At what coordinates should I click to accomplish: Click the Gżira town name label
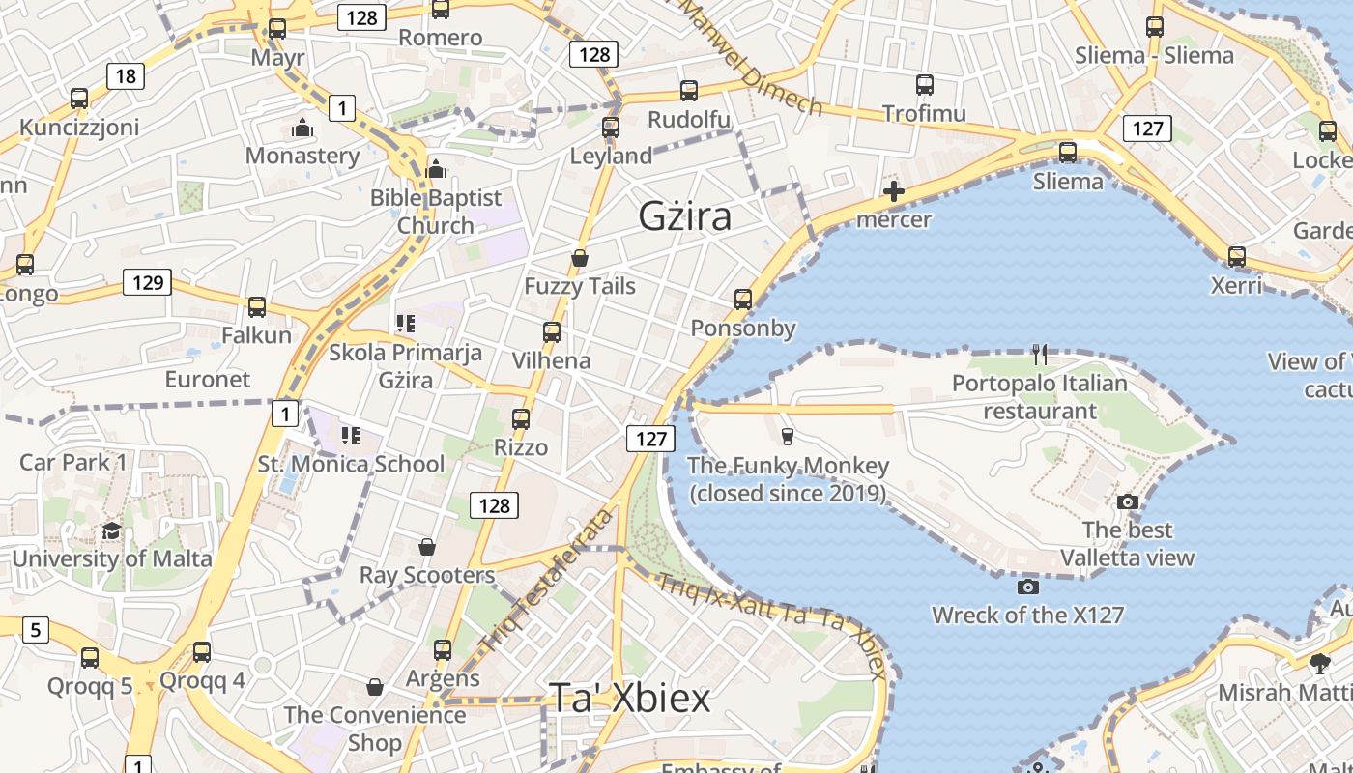(x=684, y=216)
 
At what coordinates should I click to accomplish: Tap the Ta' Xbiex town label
(x=629, y=698)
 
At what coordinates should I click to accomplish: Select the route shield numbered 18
(x=126, y=76)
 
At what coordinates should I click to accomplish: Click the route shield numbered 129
(x=147, y=282)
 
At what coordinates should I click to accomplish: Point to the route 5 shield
(x=35, y=630)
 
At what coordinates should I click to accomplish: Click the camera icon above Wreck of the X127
(x=1028, y=587)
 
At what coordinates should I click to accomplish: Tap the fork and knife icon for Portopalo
(x=1039, y=355)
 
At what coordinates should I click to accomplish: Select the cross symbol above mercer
(x=894, y=191)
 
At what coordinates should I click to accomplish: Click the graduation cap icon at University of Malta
(x=112, y=530)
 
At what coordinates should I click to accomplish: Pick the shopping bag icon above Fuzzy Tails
(x=580, y=258)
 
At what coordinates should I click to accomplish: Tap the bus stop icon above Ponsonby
(x=743, y=300)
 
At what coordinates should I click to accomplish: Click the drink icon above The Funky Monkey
(x=787, y=437)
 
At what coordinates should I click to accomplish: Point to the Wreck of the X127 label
(x=1027, y=615)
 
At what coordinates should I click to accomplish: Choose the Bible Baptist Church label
(x=436, y=212)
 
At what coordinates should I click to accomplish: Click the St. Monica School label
(x=351, y=464)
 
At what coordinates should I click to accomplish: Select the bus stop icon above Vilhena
(x=551, y=332)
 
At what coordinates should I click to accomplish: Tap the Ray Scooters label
(x=427, y=575)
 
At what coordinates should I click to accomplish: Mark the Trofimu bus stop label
(x=924, y=113)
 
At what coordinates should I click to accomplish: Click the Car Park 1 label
(x=73, y=462)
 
